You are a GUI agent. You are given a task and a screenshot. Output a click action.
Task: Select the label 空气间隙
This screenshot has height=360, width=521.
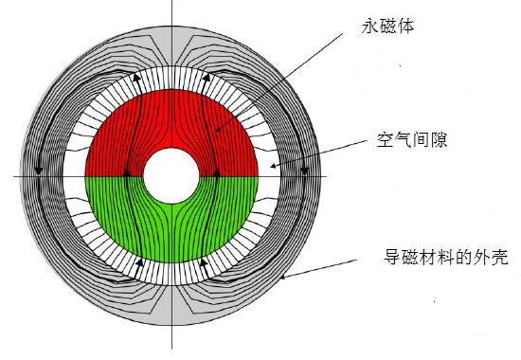pos(405,144)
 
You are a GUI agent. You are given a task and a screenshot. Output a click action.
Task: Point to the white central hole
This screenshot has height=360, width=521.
pos(171,176)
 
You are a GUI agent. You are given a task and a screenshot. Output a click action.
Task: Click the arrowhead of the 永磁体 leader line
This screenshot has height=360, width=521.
pos(217,130)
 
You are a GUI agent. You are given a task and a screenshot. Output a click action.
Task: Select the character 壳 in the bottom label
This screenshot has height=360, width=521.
pos(509,257)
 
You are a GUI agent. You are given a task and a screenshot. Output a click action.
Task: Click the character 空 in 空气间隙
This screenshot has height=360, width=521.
pos(375,144)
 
